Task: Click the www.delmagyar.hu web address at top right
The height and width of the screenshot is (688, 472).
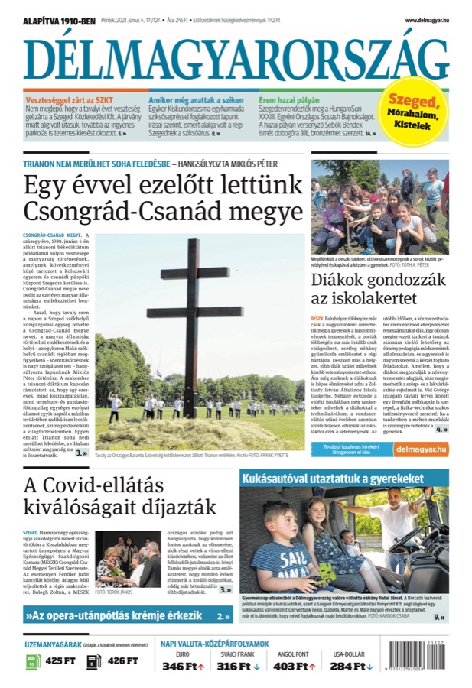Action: (x=427, y=21)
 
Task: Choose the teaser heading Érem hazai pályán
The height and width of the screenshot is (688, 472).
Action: (x=288, y=100)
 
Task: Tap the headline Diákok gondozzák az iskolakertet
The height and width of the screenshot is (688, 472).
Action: (x=378, y=290)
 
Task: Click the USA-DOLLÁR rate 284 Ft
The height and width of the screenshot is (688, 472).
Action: (x=347, y=667)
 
